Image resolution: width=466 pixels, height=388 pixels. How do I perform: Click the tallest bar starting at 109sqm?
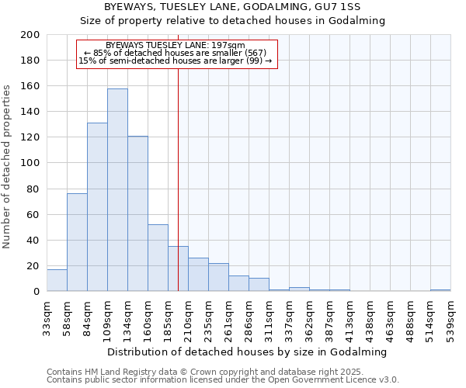117,190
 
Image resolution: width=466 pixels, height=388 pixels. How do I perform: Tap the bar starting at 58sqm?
77,242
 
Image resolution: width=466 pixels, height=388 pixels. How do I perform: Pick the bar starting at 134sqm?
137,213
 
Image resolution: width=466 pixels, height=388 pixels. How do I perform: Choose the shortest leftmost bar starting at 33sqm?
57,280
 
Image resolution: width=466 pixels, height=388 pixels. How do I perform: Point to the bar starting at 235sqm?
218,277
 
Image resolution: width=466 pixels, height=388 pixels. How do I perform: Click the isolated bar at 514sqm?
440,290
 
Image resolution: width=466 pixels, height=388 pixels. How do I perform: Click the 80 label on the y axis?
33,189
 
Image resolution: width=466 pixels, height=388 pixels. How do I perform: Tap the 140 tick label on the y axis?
30,112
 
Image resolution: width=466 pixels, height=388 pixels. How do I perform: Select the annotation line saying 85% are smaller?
176,53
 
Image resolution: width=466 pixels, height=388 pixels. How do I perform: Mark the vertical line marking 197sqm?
178,194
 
